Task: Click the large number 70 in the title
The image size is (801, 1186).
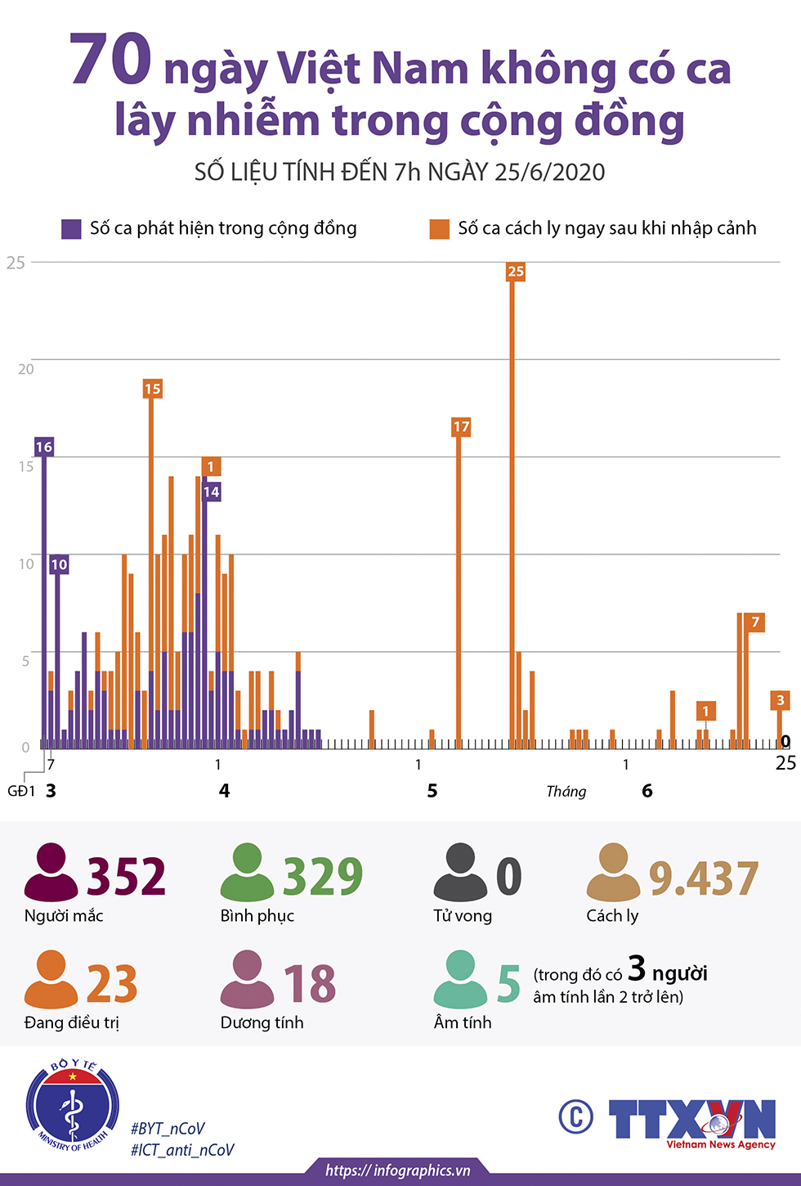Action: pos(111,60)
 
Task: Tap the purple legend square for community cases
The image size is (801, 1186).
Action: pos(71,229)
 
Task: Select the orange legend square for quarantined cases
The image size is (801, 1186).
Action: pos(440,229)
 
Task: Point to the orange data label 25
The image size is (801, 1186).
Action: pos(515,272)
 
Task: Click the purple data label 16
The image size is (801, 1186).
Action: pos(44,447)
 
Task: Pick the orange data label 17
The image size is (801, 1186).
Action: pos(461,427)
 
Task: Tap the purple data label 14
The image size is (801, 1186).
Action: pos(212,492)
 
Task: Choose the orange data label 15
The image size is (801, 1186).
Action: pos(152,389)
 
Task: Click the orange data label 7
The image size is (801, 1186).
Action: pos(755,622)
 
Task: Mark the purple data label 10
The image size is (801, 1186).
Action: pos(59,564)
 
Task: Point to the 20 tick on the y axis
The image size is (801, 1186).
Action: pos(26,369)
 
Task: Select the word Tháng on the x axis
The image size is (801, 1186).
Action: pos(566,791)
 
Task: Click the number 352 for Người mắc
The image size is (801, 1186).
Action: pos(127,877)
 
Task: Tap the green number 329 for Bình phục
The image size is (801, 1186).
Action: pos(323,877)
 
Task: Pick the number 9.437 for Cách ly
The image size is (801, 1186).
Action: pos(704,878)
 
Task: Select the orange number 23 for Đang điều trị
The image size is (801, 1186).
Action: pos(112,984)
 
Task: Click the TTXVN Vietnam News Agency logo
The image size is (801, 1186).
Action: pos(691,1121)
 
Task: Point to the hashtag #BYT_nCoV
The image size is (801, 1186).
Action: pos(168,1129)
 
